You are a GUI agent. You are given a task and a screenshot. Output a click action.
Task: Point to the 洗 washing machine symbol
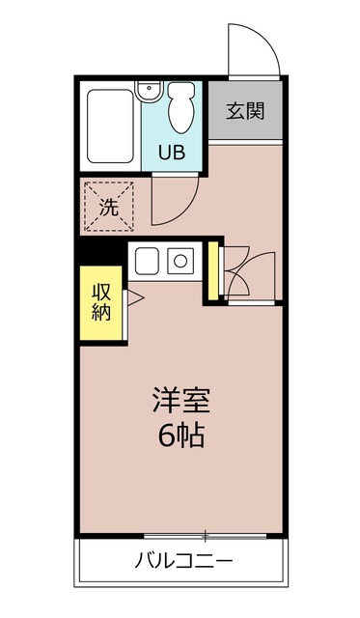click(110, 205)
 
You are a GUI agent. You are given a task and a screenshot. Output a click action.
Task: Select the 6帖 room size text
click(180, 435)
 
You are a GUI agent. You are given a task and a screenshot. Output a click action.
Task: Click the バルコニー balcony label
click(182, 561)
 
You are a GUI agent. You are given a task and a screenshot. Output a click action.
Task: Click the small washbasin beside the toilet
click(147, 92)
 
